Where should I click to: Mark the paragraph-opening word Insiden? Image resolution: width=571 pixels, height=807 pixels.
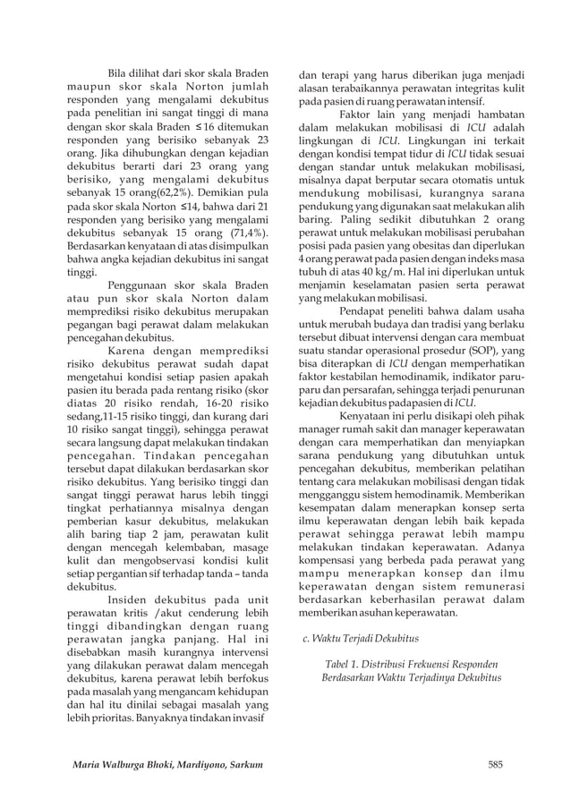point(128,599)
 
